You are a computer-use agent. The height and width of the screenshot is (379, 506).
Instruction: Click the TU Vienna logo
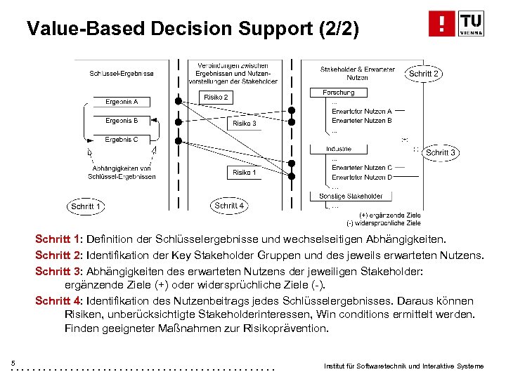(456, 24)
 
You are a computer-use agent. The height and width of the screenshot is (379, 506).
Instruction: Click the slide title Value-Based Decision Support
(193, 29)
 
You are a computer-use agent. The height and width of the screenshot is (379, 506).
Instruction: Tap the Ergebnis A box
(122, 102)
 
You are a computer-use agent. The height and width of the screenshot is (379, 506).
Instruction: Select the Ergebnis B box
(122, 121)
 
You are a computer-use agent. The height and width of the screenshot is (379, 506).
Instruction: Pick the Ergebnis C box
(122, 140)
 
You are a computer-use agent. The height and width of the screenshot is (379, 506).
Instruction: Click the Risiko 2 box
(216, 98)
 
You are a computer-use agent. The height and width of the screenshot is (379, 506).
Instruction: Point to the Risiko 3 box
(244, 124)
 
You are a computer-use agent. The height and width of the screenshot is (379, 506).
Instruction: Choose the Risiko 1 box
(244, 172)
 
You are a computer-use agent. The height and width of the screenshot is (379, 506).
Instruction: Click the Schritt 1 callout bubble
(87, 206)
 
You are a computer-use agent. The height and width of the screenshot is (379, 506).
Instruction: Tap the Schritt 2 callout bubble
(424, 74)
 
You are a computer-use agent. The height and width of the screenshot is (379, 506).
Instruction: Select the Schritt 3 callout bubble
(441, 152)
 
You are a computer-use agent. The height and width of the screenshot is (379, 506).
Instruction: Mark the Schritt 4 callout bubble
(230, 206)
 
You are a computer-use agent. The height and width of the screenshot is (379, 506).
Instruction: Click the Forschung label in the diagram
(339, 93)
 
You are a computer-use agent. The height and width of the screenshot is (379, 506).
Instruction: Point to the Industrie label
(339, 149)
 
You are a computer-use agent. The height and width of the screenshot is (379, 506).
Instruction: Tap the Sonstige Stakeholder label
(351, 196)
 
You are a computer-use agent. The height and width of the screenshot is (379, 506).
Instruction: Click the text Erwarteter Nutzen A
(361, 111)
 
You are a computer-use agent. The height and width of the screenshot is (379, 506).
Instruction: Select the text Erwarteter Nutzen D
(361, 178)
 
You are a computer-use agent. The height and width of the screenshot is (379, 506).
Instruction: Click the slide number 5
(13, 362)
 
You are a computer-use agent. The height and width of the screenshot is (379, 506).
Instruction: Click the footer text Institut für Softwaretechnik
(403, 366)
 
